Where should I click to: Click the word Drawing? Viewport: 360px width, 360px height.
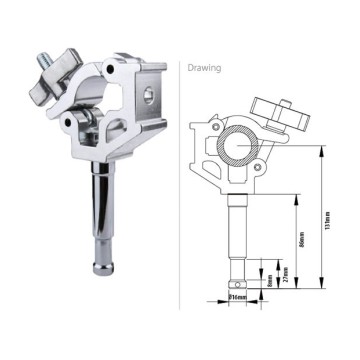pos(205,68)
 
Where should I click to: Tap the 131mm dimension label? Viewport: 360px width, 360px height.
pos(326,221)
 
